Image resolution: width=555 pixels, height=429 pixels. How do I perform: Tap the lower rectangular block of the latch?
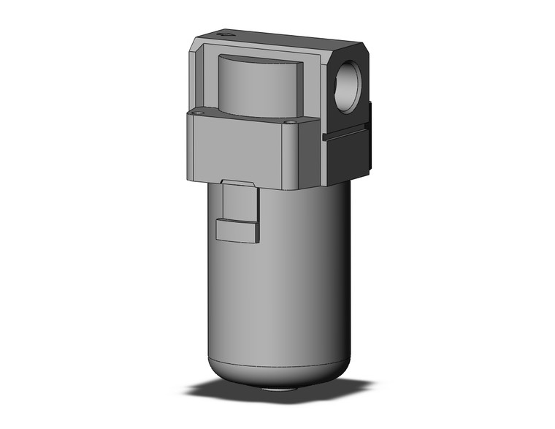[x=237, y=230]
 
